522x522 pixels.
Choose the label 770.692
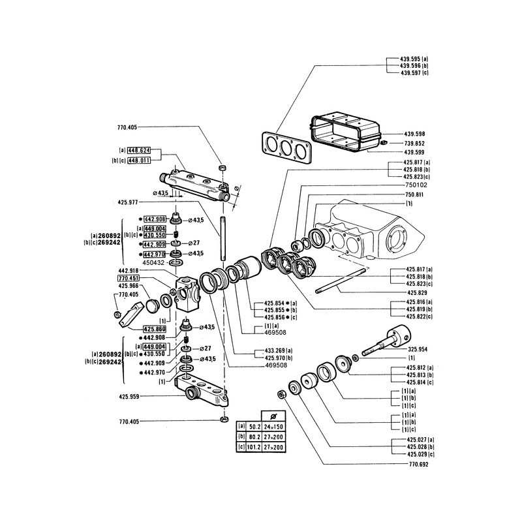(x=415, y=465)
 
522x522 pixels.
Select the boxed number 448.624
(x=139, y=150)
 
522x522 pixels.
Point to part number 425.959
(x=130, y=395)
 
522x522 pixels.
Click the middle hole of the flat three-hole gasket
(x=284, y=147)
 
